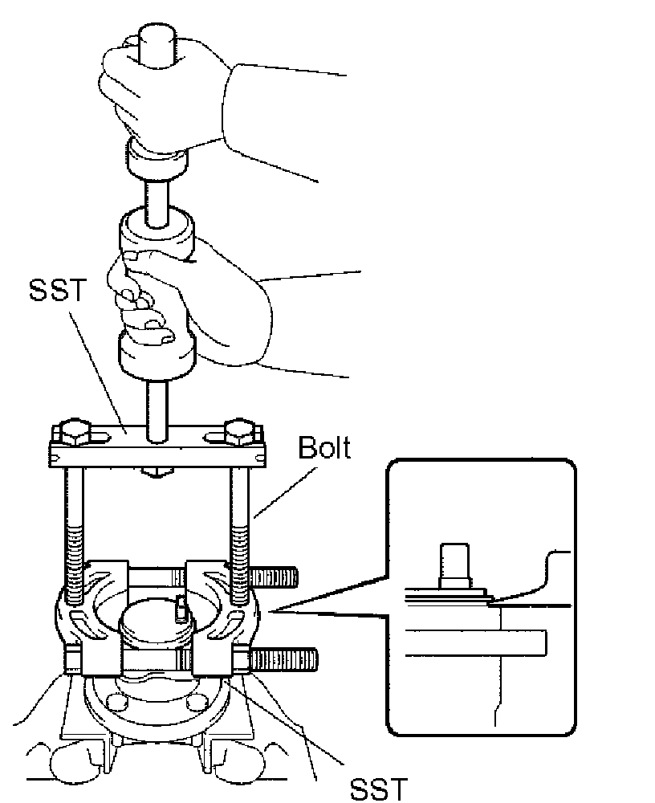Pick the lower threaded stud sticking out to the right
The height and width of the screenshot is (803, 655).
[286, 660]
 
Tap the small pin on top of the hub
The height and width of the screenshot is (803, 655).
[181, 608]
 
